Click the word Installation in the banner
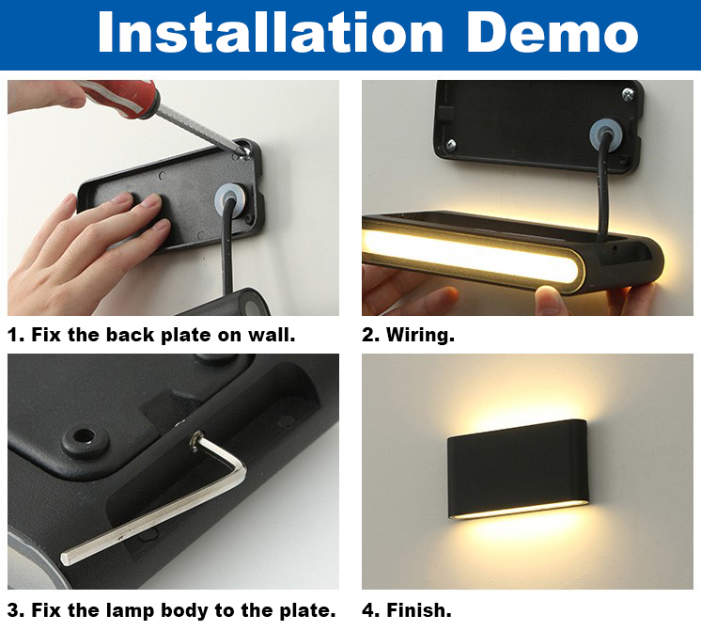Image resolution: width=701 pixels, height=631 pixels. [x=270, y=33]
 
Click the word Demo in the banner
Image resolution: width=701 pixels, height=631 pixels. [x=553, y=33]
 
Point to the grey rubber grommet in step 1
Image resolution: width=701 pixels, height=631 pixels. [x=230, y=197]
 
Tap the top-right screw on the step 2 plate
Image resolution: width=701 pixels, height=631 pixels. [x=628, y=93]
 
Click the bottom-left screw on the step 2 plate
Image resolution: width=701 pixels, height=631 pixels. [x=451, y=144]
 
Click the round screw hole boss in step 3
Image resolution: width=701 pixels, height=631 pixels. [x=85, y=439]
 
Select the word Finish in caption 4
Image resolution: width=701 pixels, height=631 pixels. [x=418, y=610]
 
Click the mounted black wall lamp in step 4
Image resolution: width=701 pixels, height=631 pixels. [x=517, y=470]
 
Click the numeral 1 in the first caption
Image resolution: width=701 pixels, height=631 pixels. [x=13, y=335]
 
